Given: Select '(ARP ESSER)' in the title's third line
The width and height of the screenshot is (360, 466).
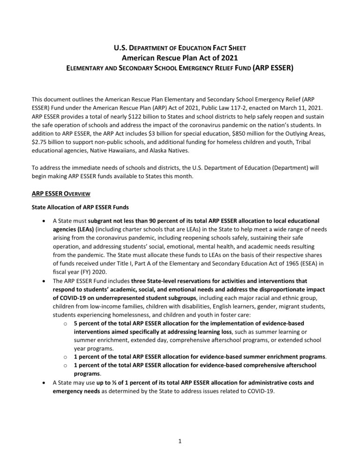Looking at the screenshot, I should (272, 68).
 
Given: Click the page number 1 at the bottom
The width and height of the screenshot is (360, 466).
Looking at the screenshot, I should (180, 440).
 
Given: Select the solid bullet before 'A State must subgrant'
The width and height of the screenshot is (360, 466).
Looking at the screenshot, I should (44, 220).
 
